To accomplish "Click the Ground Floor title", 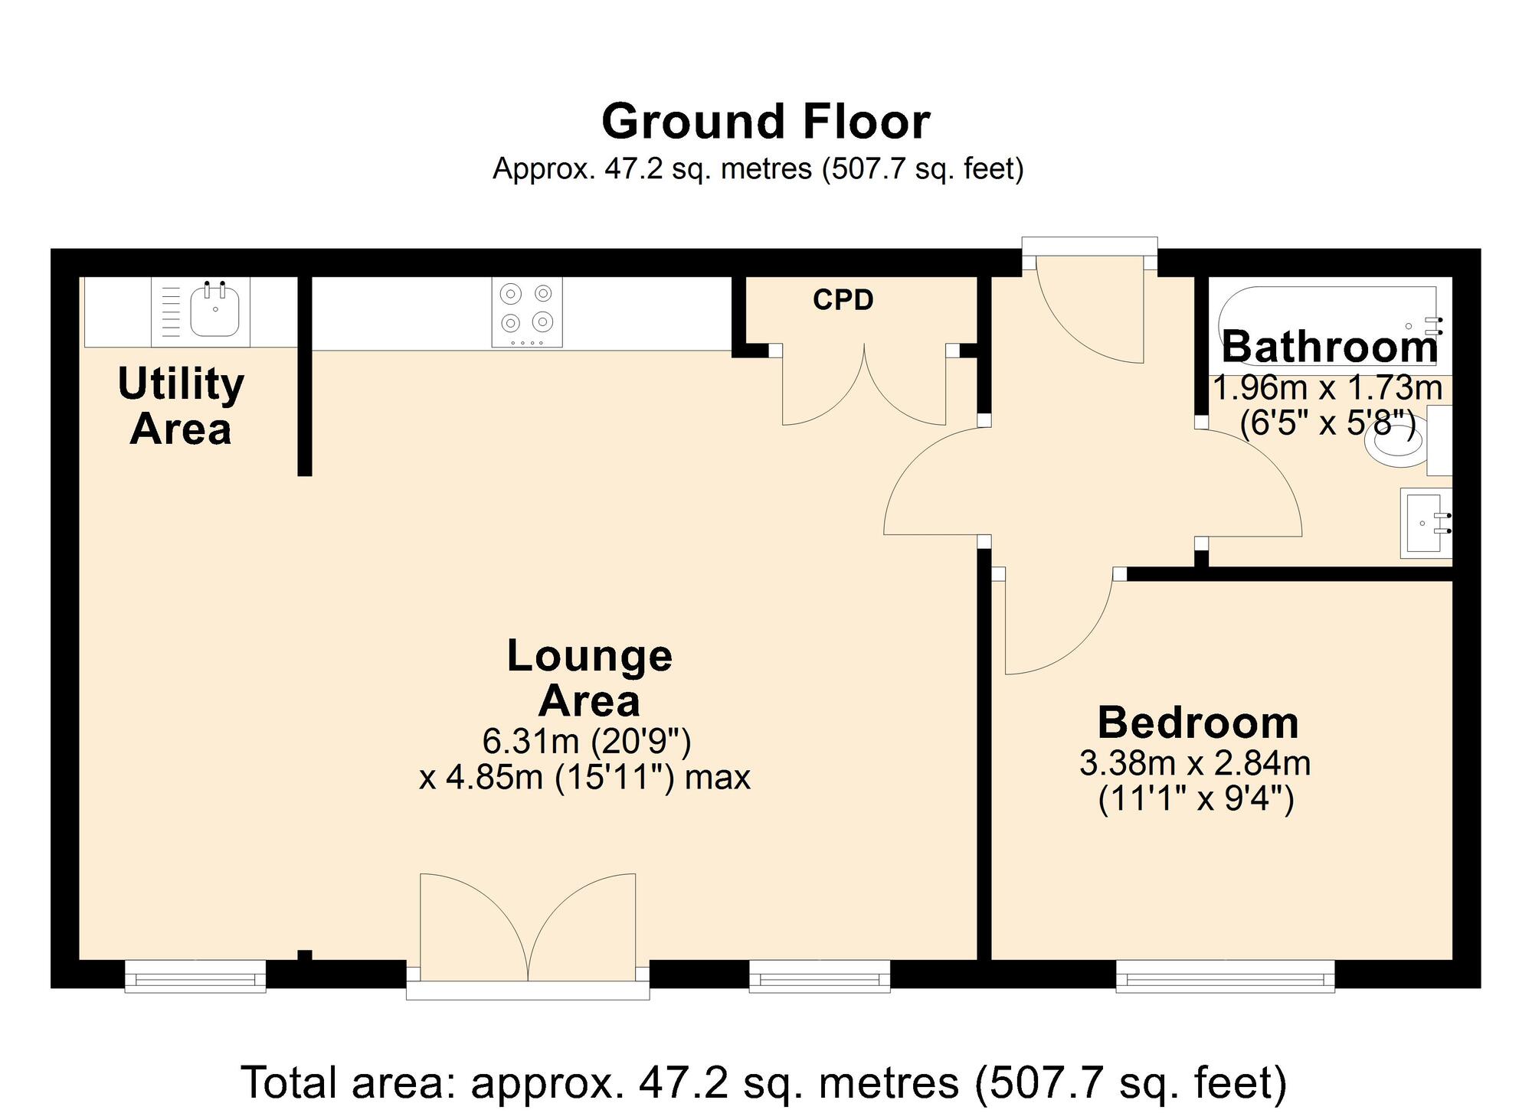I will (x=765, y=122).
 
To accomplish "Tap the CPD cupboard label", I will (x=843, y=300).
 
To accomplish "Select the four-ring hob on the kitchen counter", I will (x=527, y=312).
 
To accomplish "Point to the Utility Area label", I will (x=181, y=406).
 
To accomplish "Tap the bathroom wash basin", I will (x=1425, y=524).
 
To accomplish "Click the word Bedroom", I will (x=1198, y=723).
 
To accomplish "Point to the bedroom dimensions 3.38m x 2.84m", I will (x=1195, y=763).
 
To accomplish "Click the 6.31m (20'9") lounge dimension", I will (x=587, y=741).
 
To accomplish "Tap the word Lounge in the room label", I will (x=589, y=656).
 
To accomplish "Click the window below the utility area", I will (x=195, y=978).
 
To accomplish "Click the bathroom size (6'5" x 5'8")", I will (x=1327, y=422).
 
